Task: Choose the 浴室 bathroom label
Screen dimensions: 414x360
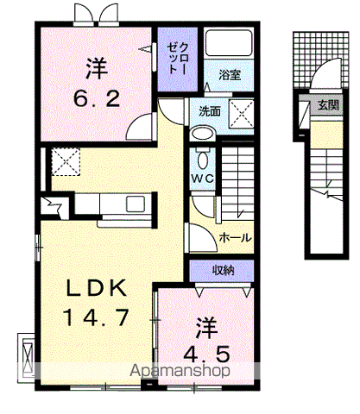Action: tap(229, 75)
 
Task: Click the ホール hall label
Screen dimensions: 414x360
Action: tap(236, 237)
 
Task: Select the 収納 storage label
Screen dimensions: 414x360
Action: tap(224, 271)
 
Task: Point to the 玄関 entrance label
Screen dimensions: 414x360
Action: tap(327, 106)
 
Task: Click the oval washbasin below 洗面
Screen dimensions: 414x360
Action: tap(202, 133)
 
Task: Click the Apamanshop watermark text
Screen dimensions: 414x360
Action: tap(179, 372)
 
